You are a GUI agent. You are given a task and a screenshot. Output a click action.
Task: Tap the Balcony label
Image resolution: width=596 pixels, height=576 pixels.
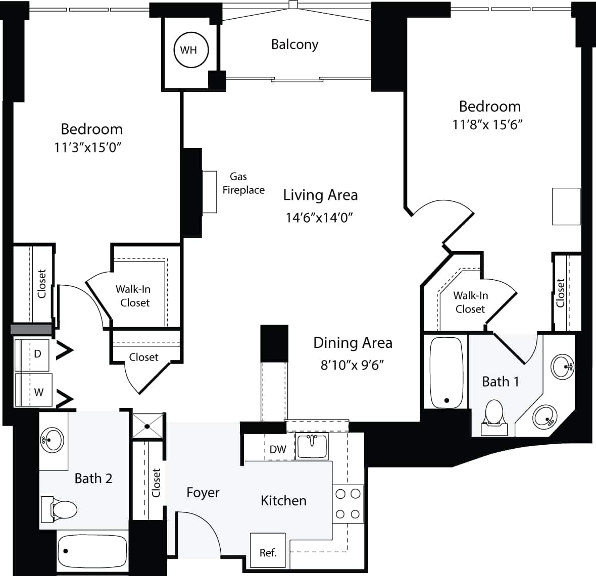[x=294, y=44]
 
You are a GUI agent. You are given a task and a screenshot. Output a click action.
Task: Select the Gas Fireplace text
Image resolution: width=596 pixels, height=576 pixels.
[x=243, y=183]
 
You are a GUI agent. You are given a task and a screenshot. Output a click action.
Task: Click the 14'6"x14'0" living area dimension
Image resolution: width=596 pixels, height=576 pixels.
[x=319, y=218]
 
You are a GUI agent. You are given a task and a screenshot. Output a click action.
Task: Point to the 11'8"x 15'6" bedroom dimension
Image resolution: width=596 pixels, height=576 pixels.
[x=487, y=125]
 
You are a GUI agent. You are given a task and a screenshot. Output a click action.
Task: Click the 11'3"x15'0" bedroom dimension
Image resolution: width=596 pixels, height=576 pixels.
[x=89, y=147]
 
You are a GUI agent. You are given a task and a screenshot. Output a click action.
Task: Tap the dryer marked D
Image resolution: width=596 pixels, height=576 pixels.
[x=33, y=355]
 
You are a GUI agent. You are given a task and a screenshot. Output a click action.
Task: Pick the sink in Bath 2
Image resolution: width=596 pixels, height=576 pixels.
[x=52, y=440]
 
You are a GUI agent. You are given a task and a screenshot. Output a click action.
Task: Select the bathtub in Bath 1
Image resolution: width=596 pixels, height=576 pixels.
[x=445, y=373]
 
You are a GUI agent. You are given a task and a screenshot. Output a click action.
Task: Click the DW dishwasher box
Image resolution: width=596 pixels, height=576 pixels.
[x=278, y=449]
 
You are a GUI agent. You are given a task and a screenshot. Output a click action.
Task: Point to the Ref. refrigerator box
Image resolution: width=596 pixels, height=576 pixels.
[x=268, y=551]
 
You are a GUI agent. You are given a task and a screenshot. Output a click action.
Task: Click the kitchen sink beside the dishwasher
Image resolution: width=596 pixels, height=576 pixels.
[x=312, y=446]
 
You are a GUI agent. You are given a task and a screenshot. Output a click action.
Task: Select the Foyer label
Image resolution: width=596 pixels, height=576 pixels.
[x=203, y=493]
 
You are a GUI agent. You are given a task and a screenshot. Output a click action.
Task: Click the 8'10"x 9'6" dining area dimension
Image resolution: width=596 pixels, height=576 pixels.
[x=352, y=364]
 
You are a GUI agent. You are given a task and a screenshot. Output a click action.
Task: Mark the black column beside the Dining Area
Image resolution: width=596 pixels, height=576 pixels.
[x=274, y=343]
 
